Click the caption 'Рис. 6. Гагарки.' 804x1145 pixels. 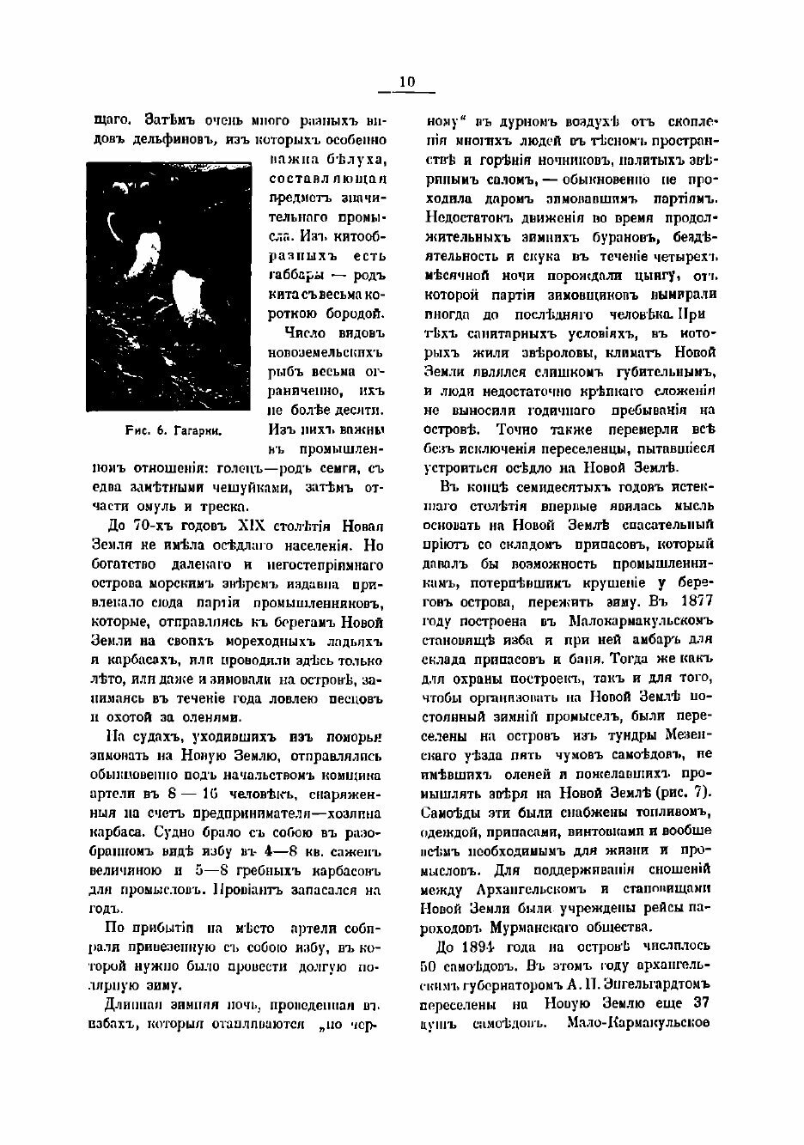pyautogui.click(x=170, y=433)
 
